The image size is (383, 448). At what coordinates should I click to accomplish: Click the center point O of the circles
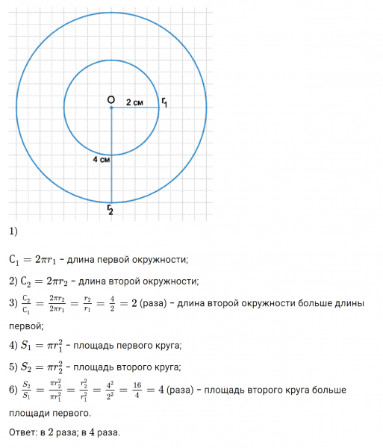pyautogui.click(x=111, y=108)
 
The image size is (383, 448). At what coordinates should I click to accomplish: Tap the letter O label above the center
pyautogui.click(x=110, y=99)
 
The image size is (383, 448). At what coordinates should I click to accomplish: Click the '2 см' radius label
pyautogui.click(x=134, y=102)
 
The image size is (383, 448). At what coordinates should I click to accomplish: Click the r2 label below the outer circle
pyautogui.click(x=110, y=210)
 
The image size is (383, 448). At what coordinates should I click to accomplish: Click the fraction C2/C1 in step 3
pyautogui.click(x=27, y=304)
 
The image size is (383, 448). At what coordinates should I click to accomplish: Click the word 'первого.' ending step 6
pyautogui.click(x=70, y=412)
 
